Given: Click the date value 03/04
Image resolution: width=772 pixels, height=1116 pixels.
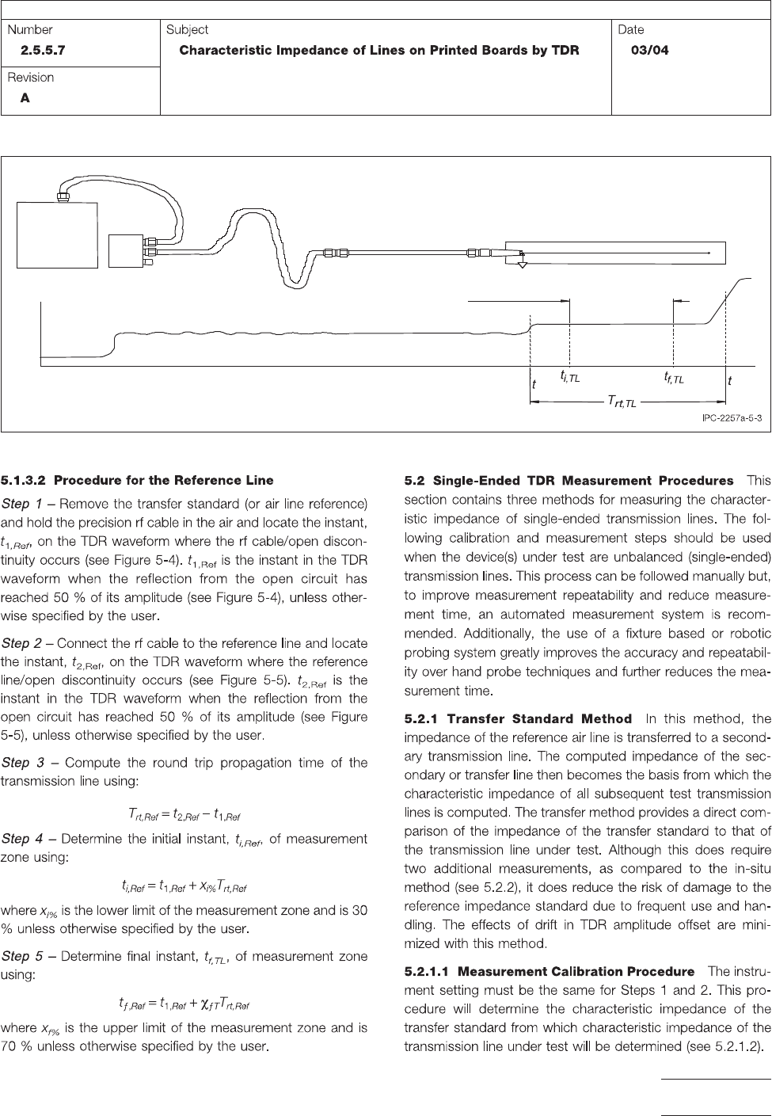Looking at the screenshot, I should coord(648,50).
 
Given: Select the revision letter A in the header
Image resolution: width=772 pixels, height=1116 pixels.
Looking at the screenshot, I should coord(25,98).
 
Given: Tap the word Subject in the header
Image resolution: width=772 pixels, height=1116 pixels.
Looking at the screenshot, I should coord(187,29).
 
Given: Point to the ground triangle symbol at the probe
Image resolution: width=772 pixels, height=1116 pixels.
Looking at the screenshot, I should coord(521,264).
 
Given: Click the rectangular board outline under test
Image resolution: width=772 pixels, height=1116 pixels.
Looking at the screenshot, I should coord(614,253).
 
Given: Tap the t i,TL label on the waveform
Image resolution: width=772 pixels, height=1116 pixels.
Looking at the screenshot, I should coord(570,378).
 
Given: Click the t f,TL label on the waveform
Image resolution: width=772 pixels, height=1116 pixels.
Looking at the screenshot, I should coord(674,378).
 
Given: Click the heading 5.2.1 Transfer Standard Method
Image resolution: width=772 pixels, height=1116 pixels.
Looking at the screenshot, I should coord(519,719).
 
